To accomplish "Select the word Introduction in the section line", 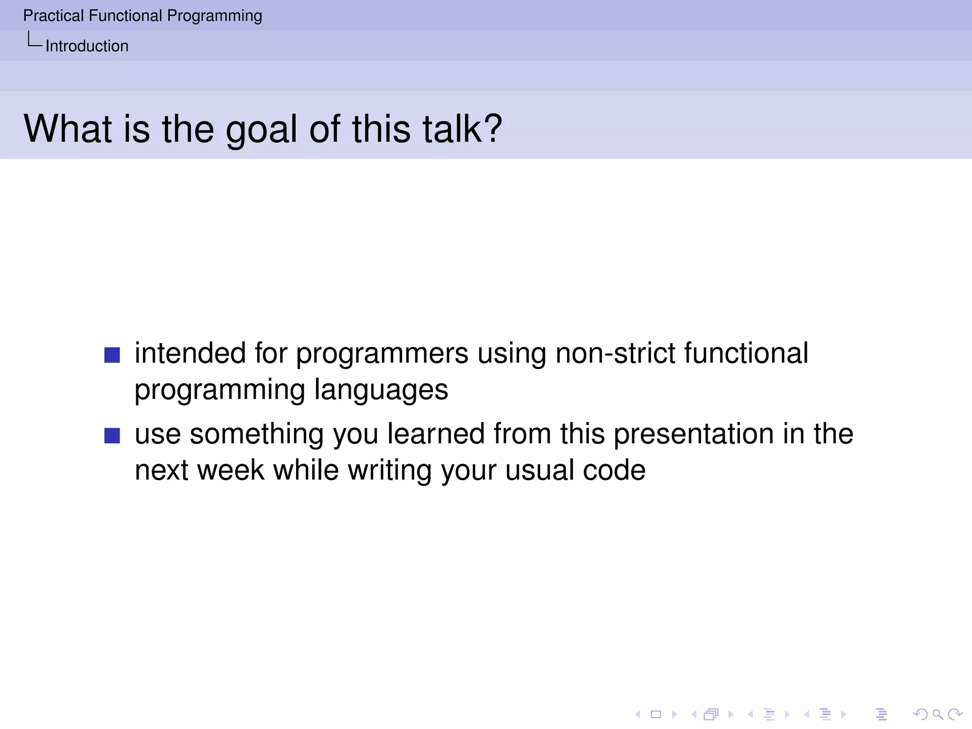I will [87, 46].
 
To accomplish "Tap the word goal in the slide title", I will [261, 129].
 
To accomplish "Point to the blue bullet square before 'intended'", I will [112, 355].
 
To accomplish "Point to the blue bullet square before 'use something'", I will [112, 436].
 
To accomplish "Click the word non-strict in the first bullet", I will [615, 354].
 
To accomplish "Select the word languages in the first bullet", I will [381, 390].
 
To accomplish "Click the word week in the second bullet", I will [230, 470].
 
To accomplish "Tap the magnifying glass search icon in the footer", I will [937, 714].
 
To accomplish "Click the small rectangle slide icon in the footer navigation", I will [656, 714].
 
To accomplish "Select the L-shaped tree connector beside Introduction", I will [34, 40].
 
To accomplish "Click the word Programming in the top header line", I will [215, 16].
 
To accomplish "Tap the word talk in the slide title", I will [452, 129].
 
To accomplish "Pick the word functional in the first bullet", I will [746, 354].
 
